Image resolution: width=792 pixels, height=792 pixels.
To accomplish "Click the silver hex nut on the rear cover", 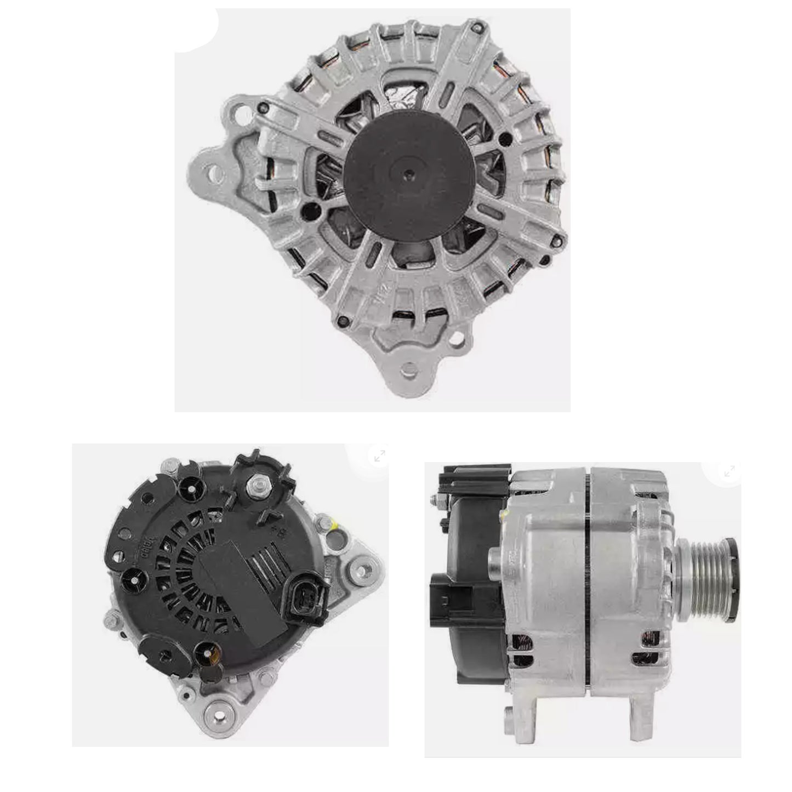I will point(256,485).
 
